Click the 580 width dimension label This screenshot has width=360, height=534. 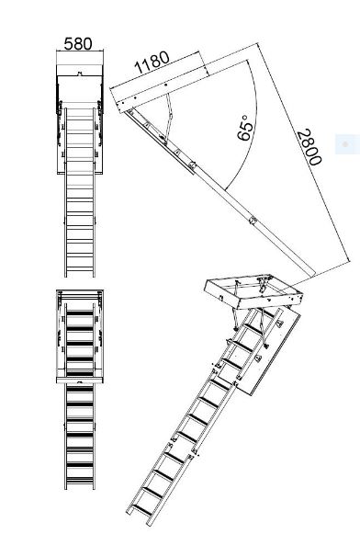pos(78,43)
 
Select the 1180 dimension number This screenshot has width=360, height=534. pos(152,62)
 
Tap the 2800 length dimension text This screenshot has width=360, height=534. pos(309,147)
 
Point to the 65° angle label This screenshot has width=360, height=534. pos(245,128)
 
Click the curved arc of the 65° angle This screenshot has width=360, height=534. pos(251,126)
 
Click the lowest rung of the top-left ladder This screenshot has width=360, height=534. pos(80,268)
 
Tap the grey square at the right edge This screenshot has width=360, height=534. pos(347,144)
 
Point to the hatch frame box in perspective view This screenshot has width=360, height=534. pos(253,291)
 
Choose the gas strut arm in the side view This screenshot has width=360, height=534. pos(168,116)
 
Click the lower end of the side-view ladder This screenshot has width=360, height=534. pos(310,272)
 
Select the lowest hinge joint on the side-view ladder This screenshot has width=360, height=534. pos(253,220)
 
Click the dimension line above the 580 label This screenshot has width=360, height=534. pos(80,51)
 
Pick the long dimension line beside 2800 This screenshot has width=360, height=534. pos(304,152)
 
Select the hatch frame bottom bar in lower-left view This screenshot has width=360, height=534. pos(80,381)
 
